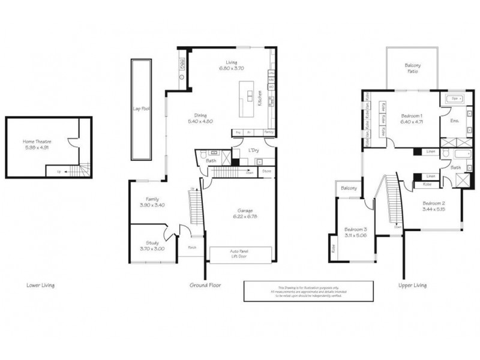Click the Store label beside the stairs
click(x=266, y=172)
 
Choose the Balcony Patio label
click(x=412, y=68)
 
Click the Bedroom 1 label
click(x=412, y=118)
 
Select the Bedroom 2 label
click(x=433, y=206)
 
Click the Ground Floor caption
click(x=205, y=285)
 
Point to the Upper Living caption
click(x=412, y=285)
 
